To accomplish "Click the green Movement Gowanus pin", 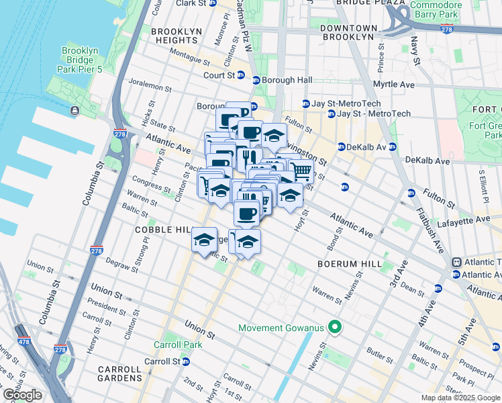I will pyautogui.click(x=333, y=328).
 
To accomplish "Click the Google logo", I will pyautogui.click(x=22, y=395).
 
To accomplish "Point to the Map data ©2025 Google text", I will pyautogui.click(x=460, y=398).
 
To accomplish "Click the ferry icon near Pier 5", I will pyautogui.click(x=72, y=110).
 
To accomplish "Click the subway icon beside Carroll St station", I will pyautogui.click(x=186, y=361).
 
